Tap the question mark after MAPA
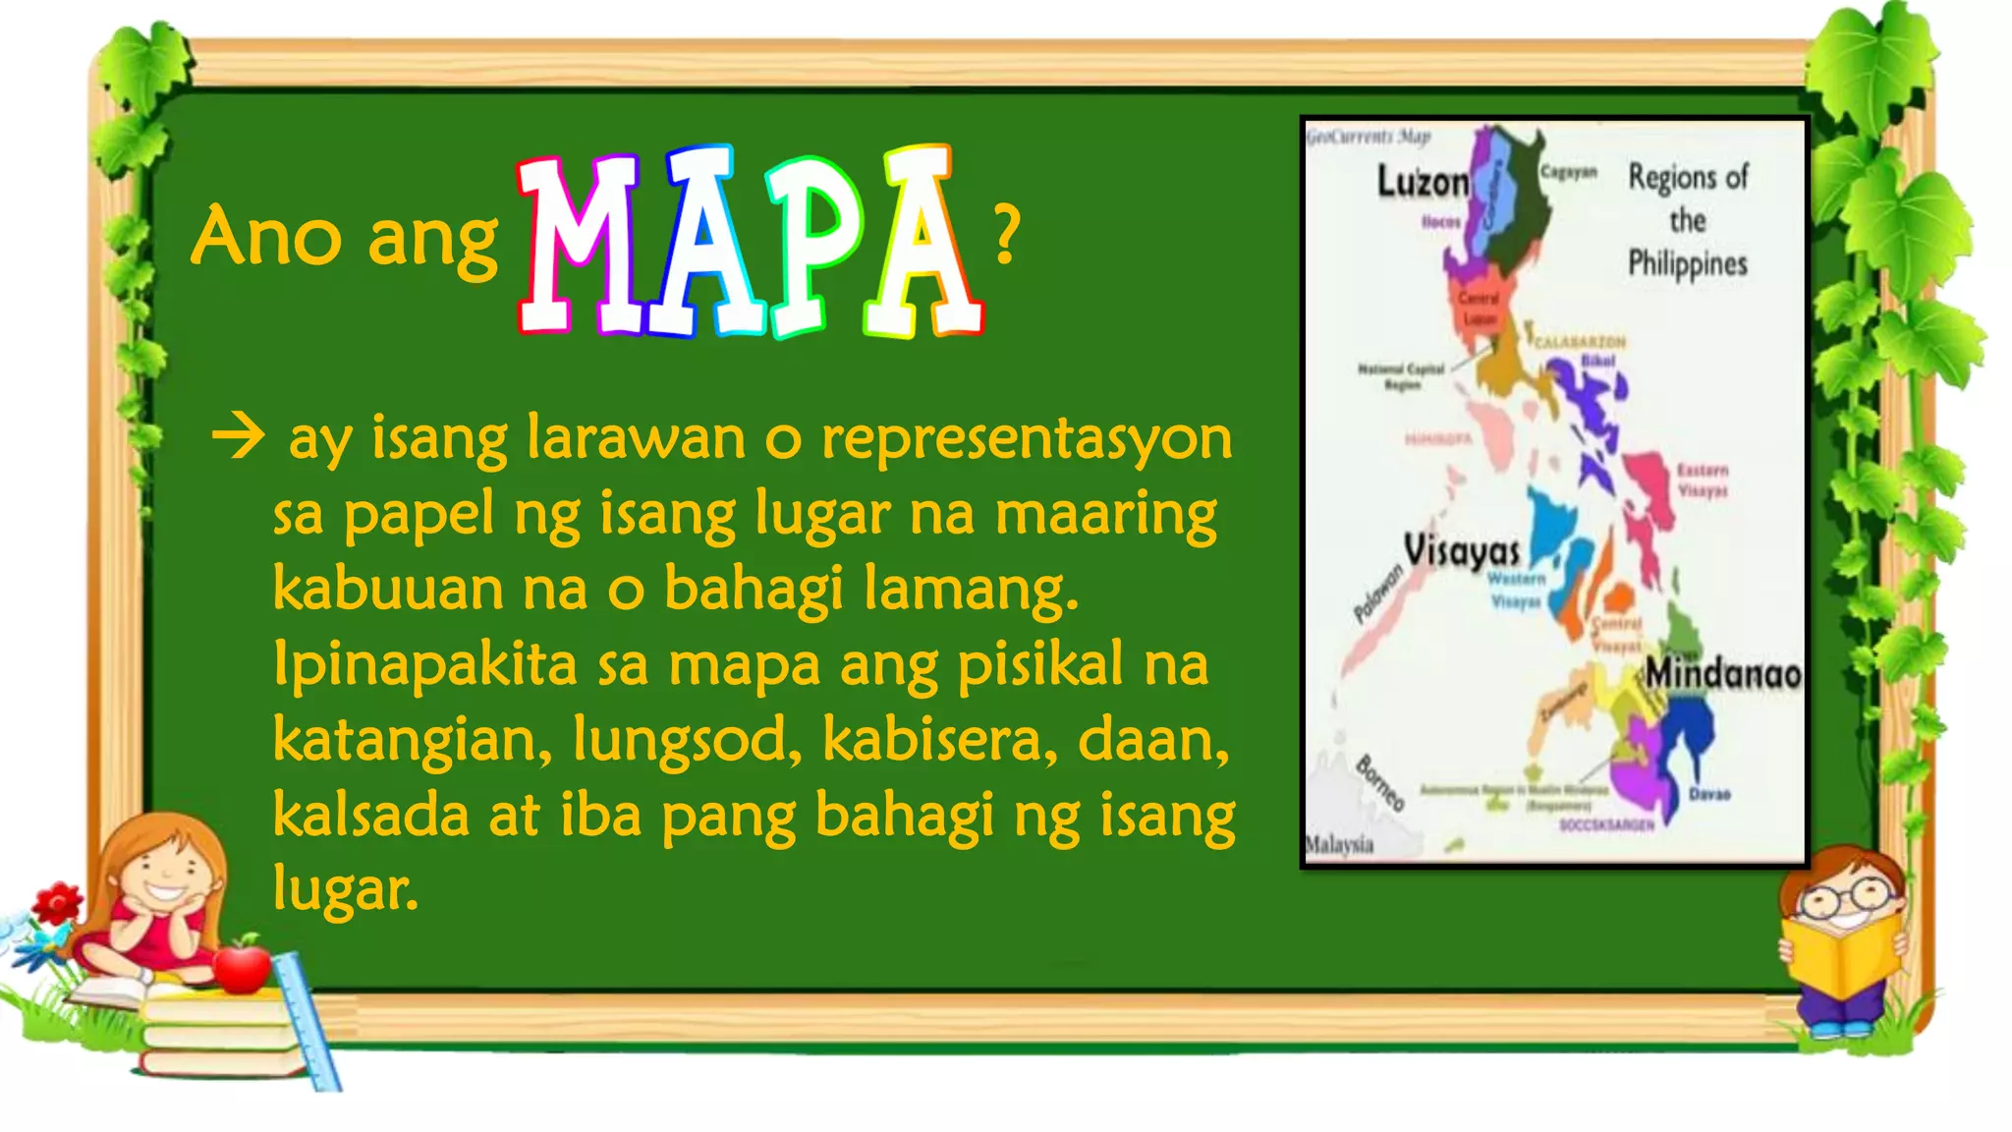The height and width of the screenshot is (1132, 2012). tap(1006, 236)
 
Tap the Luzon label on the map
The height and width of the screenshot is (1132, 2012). tap(1422, 182)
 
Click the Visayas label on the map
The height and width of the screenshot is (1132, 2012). tap(1461, 550)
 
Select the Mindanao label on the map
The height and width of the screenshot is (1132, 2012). tap(1723, 674)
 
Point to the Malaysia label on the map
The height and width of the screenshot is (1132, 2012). tap(1339, 845)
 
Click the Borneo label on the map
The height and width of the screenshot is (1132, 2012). tap(1379, 783)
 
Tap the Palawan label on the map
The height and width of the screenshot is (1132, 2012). tap(1377, 594)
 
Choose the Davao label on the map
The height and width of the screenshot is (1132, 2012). tap(1709, 794)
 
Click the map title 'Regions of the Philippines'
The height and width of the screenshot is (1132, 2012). tap(1688, 220)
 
